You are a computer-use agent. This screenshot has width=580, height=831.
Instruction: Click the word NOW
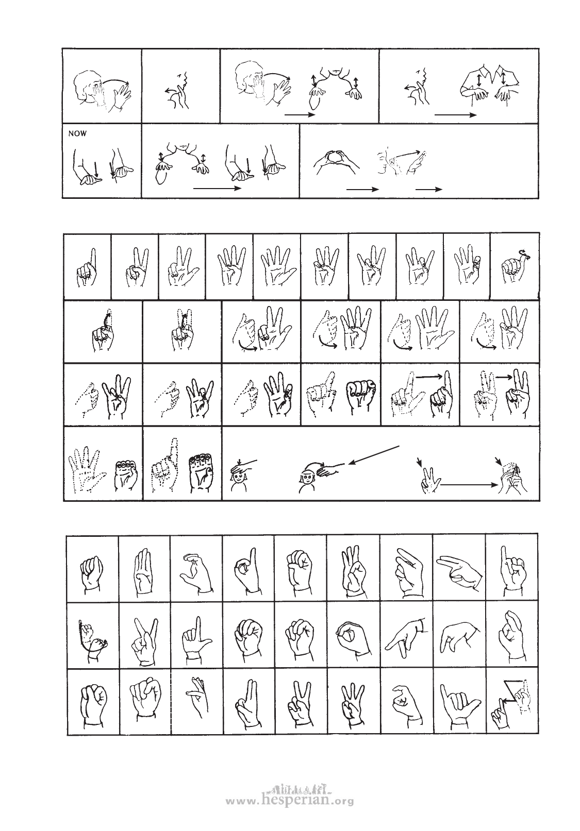[77, 133]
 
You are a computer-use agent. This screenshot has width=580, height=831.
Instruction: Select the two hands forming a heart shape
[337, 162]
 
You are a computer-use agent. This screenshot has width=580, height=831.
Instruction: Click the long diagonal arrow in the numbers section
[374, 455]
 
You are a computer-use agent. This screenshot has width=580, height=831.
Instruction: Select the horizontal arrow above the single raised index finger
[428, 377]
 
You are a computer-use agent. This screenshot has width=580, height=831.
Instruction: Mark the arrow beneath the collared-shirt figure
[455, 115]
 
